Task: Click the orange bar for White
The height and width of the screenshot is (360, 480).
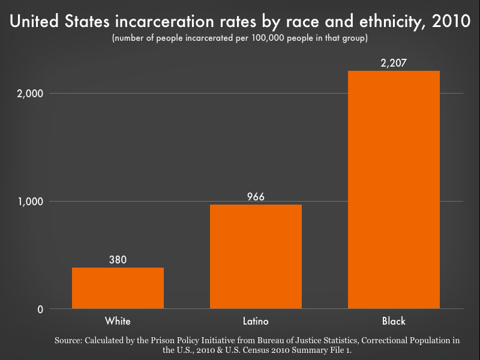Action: tap(118, 288)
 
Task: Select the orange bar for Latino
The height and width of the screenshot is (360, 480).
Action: tap(256, 257)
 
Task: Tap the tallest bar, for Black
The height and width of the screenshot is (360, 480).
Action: tap(394, 190)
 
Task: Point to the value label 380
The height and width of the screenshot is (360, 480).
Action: tap(118, 260)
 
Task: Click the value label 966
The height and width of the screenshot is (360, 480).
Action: tap(256, 197)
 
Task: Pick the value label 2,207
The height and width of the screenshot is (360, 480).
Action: tap(394, 62)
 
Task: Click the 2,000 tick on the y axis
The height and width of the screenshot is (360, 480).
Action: tap(30, 94)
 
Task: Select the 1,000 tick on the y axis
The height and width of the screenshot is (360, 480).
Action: tap(30, 202)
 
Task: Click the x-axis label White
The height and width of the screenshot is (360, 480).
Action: tap(118, 320)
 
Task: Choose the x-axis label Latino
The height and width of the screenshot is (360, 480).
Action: tap(256, 320)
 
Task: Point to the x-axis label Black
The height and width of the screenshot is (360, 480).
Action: tap(394, 320)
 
